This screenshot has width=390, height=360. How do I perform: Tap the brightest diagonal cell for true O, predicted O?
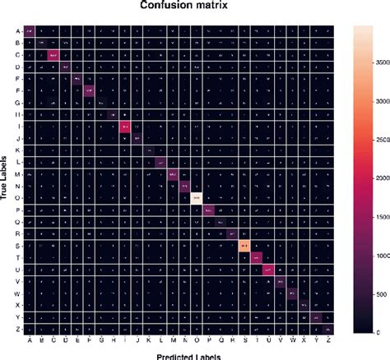click(x=196, y=198)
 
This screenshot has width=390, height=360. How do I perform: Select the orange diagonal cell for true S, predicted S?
click(x=244, y=246)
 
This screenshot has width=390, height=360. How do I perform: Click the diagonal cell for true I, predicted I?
click(x=125, y=126)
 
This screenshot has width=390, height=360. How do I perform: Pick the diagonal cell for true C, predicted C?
click(x=53, y=55)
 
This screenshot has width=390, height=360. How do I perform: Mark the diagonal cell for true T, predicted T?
click(x=256, y=257)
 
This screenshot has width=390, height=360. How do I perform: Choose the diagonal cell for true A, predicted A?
click(x=30, y=31)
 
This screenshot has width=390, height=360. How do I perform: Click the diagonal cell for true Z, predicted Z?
click(x=327, y=329)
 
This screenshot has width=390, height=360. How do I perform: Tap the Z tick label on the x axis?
click(x=327, y=341)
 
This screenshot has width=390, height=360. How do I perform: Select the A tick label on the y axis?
click(x=17, y=31)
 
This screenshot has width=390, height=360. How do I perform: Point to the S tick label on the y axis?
click(x=17, y=246)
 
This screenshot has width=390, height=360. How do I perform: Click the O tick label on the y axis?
click(x=17, y=198)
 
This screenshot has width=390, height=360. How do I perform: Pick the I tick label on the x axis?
click(x=125, y=341)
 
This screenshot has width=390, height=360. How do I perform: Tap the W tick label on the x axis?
click(x=291, y=341)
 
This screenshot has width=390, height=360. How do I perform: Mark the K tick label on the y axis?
click(x=17, y=150)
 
